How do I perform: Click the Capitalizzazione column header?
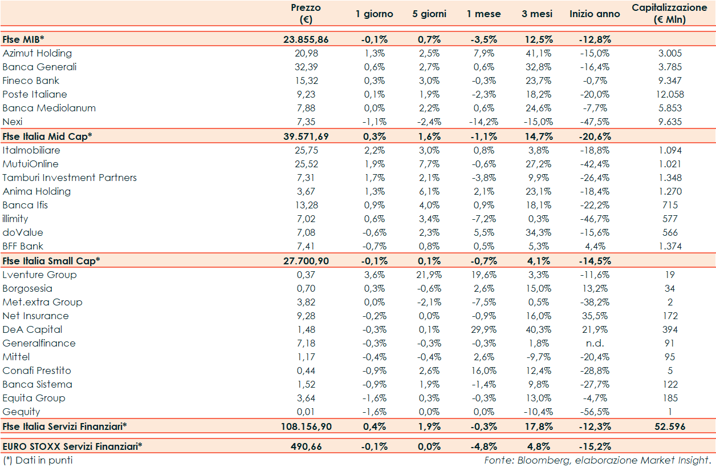click(670, 14)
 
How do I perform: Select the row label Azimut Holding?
click(37, 53)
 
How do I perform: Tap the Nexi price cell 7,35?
click(306, 122)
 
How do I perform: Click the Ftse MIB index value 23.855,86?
click(306, 39)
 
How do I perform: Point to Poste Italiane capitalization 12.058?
click(670, 94)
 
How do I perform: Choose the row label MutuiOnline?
click(31, 164)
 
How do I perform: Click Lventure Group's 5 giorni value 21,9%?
click(429, 275)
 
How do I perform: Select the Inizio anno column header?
click(595, 14)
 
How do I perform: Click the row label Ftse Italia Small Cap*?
click(51, 260)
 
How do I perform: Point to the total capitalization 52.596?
click(670, 426)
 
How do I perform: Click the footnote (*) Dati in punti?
click(38, 460)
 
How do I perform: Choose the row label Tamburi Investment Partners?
click(70, 178)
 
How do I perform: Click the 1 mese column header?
click(484, 14)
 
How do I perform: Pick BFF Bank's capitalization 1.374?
click(670, 246)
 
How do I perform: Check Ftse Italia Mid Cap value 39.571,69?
click(306, 136)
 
